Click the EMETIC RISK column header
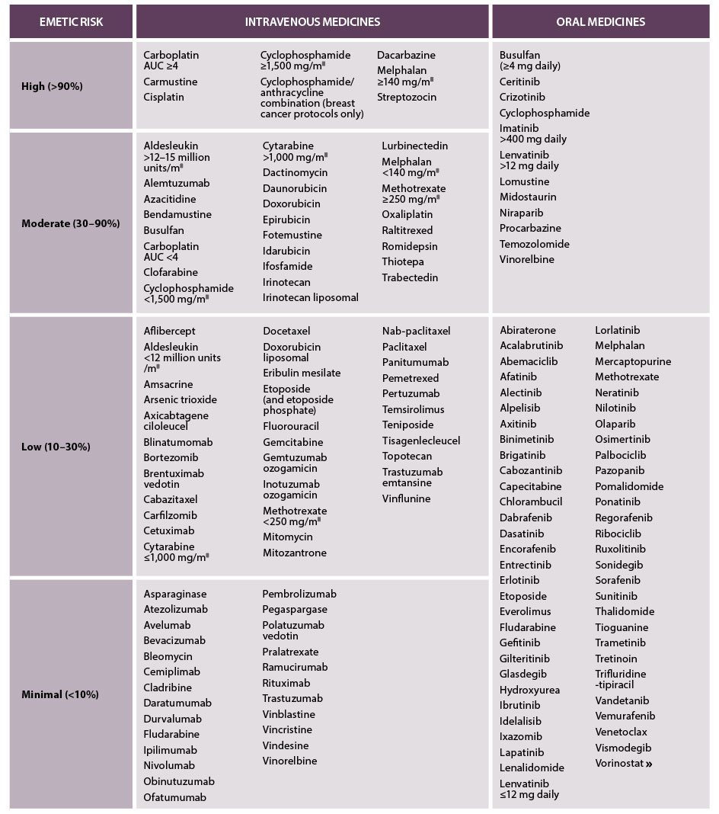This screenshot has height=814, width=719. point(71,21)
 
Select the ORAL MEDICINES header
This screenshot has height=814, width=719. point(601,21)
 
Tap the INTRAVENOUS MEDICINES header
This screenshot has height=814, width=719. point(312,21)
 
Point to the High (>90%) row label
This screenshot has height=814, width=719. point(52,86)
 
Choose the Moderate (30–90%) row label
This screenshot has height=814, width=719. point(71,223)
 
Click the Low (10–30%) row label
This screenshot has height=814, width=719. point(56,447)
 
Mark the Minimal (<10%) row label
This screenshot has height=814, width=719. point(60,694)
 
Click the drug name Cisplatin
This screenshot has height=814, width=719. point(164,97)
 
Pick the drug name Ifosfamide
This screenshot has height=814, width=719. point(287,266)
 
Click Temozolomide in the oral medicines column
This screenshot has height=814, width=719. point(535,244)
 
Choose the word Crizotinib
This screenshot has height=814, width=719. point(522,97)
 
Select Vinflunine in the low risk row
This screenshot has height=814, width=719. point(407,498)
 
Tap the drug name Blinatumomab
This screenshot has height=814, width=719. point(178,442)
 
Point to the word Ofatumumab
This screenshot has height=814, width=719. point(175,797)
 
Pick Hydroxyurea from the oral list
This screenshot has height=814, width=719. point(530,690)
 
